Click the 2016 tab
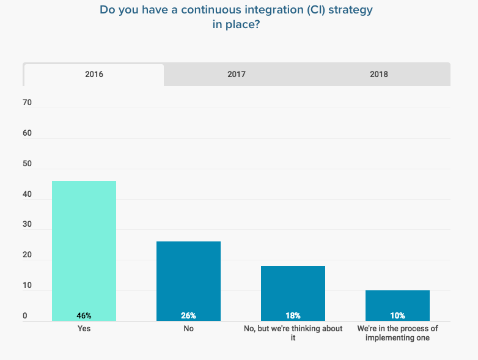94,75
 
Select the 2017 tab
237,75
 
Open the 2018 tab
379,75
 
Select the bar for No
188,278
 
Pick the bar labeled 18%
293,290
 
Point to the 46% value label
84,316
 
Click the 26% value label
188,316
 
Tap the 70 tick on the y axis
28,103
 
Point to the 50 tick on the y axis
28,164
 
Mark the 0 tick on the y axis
26,316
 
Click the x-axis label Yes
84,328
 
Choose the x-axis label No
188,328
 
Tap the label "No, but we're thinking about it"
293,332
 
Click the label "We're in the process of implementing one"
397,332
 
